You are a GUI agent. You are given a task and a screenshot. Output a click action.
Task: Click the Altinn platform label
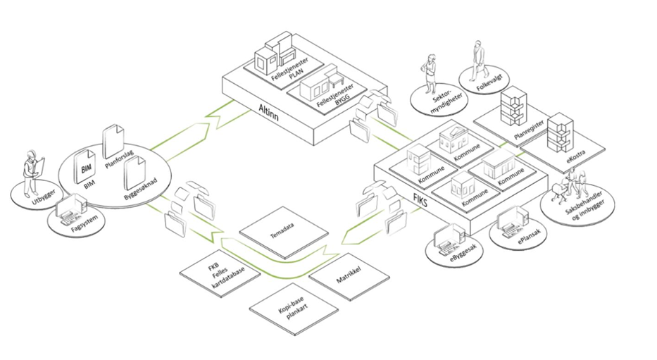pyautogui.click(x=268, y=112)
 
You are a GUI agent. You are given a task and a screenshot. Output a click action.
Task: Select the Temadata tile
pyautogui.click(x=284, y=232)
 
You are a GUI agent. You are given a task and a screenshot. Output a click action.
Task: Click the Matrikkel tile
pyautogui.click(x=349, y=276)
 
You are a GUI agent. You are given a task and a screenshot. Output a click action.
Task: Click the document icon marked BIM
pyautogui.click(x=85, y=167)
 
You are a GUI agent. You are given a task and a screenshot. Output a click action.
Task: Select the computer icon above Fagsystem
pyautogui.click(x=73, y=209)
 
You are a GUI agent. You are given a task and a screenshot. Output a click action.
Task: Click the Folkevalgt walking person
pyautogui.click(x=477, y=60)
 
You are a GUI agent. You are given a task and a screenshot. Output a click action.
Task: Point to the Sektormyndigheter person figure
pyautogui.click(x=430, y=74)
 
